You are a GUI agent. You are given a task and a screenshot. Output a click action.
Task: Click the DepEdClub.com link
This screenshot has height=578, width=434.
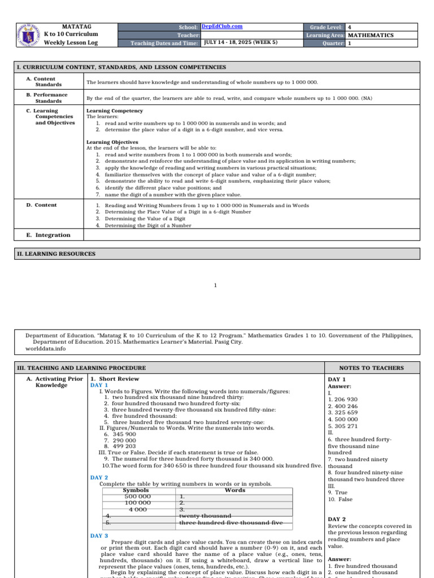(x=222, y=27)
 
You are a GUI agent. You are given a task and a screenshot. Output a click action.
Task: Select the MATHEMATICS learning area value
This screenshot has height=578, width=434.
(x=371, y=35)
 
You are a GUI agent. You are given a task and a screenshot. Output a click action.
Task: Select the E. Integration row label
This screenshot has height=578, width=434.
(x=49, y=235)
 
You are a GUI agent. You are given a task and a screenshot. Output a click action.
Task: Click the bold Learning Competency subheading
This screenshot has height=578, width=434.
(x=115, y=111)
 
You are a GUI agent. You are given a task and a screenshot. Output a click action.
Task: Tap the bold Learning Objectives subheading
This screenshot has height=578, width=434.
(x=112, y=142)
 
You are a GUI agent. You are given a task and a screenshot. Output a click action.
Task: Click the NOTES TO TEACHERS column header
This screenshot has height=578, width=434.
(x=371, y=368)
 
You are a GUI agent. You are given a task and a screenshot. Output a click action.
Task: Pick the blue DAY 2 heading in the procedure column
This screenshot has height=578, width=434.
(x=99, y=478)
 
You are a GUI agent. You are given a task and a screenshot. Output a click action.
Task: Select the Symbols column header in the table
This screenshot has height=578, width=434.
(x=136, y=491)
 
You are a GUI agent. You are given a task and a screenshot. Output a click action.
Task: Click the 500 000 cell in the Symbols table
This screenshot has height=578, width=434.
(x=137, y=497)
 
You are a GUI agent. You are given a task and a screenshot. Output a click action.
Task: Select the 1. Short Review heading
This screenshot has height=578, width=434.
(x=115, y=379)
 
